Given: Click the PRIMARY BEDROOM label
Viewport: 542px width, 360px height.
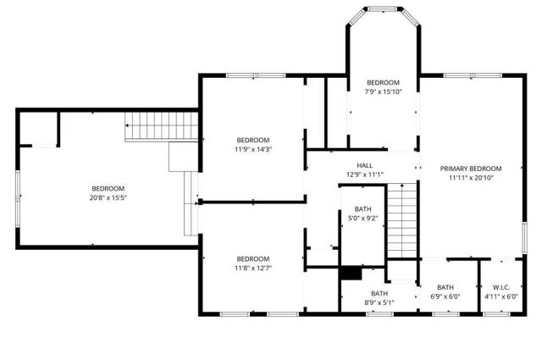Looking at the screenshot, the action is click(471, 169).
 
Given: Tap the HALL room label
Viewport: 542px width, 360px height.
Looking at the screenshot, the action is click(365, 165).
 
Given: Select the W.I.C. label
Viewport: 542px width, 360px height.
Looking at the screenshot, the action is click(501, 287).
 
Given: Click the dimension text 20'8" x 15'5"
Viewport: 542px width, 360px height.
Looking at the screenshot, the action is click(108, 198).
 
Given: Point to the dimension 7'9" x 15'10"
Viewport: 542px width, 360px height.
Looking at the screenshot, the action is click(383, 92).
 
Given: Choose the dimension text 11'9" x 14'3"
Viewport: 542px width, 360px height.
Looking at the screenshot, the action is click(253, 150).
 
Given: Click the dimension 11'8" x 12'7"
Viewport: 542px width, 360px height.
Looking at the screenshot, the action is click(253, 269).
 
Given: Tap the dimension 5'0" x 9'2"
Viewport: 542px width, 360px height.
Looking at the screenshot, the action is click(363, 219).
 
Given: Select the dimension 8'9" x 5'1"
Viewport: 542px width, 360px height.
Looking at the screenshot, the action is click(379, 303).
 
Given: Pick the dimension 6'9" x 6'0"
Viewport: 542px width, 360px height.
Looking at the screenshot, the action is click(445, 296).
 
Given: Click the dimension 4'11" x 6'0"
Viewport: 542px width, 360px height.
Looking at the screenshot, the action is click(501, 296).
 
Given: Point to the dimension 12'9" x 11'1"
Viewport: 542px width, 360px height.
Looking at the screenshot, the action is click(365, 175).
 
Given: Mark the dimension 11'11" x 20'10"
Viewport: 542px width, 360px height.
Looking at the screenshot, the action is click(471, 179).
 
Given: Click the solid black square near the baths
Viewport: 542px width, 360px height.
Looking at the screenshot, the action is click(351, 274).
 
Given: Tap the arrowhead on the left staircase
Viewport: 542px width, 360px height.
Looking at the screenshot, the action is click(127, 125).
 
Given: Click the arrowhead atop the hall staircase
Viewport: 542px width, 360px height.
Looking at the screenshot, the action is click(402, 186).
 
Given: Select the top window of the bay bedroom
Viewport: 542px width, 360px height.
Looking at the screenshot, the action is click(383, 9).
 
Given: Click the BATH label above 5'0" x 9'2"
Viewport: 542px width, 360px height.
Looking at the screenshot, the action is click(363, 209).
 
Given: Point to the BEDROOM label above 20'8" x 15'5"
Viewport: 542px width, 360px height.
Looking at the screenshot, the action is click(108, 189).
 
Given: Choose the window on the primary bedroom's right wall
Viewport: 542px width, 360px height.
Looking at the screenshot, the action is click(524, 238).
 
